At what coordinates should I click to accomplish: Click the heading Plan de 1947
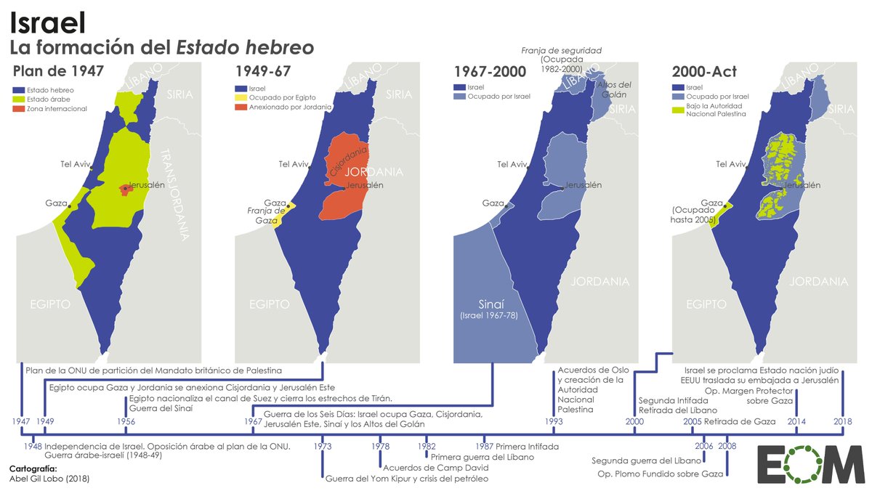pyautogui.click(x=58, y=71)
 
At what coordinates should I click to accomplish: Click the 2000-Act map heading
pyautogui.click(x=705, y=71)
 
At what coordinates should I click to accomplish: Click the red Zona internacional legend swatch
pyautogui.click(x=19, y=109)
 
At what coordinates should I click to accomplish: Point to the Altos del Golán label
pyautogui.click(x=614, y=89)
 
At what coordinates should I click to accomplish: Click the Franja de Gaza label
pyautogui.click(x=264, y=214)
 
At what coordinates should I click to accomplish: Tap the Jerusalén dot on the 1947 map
pyautogui.click(x=125, y=188)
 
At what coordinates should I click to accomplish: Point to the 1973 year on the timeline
pyautogui.click(x=323, y=445)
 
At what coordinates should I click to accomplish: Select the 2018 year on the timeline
pyautogui.click(x=843, y=421)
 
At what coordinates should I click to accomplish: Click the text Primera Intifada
pyautogui.click(x=517, y=445)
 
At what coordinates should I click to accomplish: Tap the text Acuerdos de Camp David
pyautogui.click(x=424, y=468)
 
